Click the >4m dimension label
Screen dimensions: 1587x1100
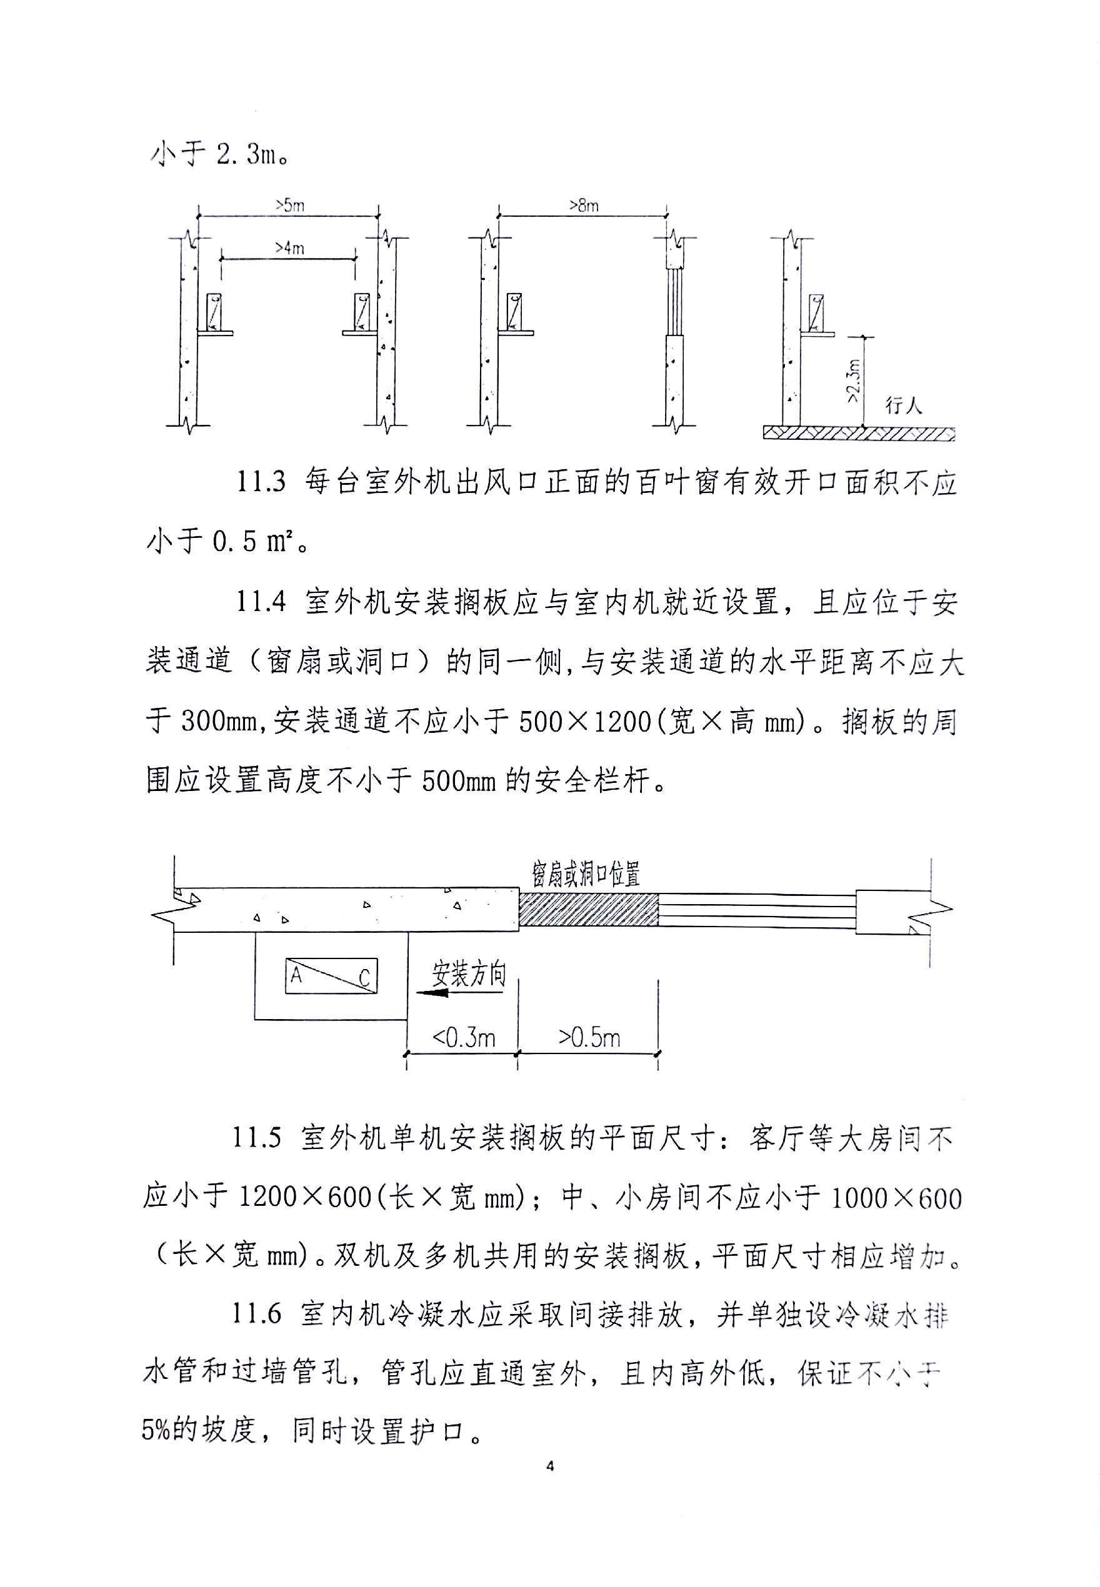pos(289,248)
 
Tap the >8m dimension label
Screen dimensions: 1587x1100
pos(583,206)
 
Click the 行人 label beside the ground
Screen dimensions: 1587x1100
pos(903,405)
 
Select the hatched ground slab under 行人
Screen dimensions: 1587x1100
pos(859,433)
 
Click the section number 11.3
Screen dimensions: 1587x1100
pos(261,482)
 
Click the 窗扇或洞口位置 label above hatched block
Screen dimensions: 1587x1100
pos(586,875)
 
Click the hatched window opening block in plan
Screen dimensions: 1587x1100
pos(589,910)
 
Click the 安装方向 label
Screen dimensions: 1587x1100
pos(469,973)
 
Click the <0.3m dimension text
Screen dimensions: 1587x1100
pos(463,1037)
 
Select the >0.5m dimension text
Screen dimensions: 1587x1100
pos(589,1037)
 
